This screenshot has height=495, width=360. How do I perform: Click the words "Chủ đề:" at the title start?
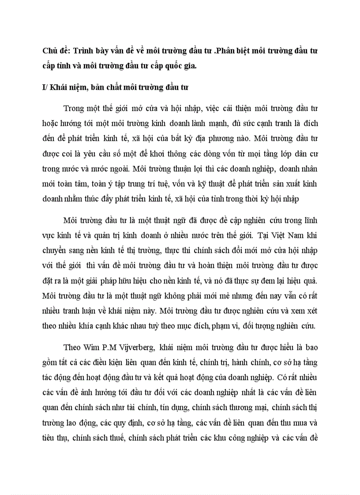55,51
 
